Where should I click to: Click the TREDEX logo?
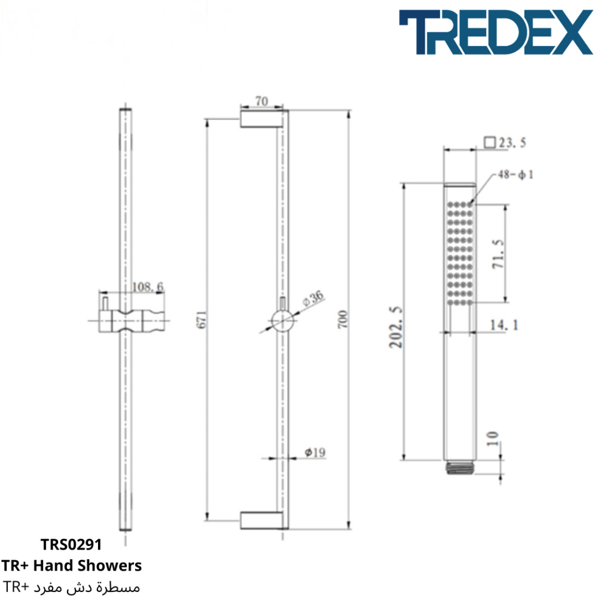tap(495, 32)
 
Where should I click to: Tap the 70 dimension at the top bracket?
tap(262, 101)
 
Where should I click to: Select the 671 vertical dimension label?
tap(202, 319)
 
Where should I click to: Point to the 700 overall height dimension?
tap(343, 319)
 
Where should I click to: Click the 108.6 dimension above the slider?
tap(148, 287)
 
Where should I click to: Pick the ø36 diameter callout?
tap(313, 298)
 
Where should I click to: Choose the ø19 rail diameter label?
tap(315, 452)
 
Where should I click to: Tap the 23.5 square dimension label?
tap(505, 143)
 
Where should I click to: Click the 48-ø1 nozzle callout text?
tap(515, 175)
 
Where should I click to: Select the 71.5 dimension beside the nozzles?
tap(498, 254)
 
